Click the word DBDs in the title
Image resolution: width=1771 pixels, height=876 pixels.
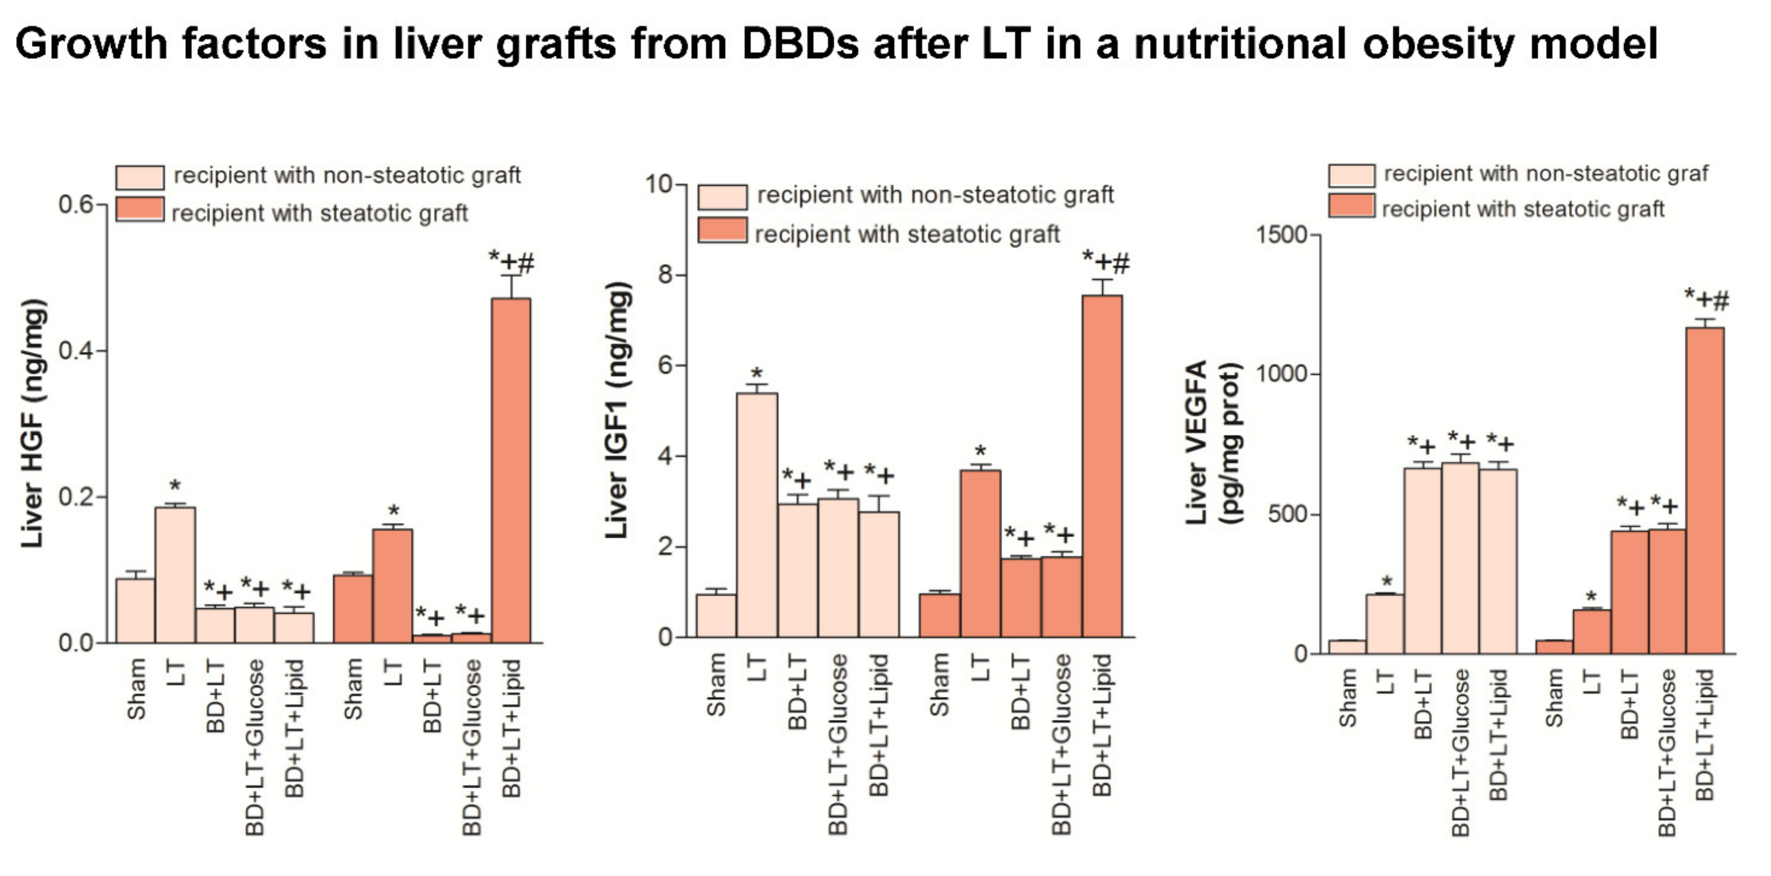click(800, 44)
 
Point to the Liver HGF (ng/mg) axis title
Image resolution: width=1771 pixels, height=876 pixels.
click(33, 423)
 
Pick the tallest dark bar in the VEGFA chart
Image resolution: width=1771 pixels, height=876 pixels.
click(1705, 490)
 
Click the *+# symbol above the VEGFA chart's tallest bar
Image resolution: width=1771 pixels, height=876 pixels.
click(1706, 299)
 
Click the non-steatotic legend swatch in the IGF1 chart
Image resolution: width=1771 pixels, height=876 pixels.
click(722, 196)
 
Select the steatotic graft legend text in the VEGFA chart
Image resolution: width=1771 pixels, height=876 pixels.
click(1523, 209)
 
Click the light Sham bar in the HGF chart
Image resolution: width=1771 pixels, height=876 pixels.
click(135, 610)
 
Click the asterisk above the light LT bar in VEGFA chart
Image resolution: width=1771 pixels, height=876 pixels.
click(1387, 581)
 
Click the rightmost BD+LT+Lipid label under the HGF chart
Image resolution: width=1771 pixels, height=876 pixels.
click(511, 728)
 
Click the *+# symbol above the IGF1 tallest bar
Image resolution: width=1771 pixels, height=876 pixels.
click(1105, 262)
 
